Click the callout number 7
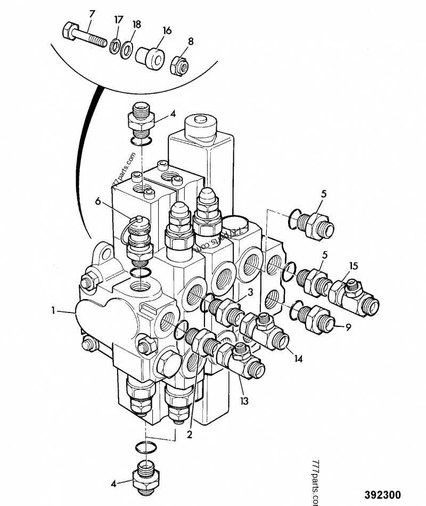tap(91, 13)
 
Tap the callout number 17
tap(118, 20)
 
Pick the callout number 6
tap(97, 201)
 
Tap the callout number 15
tap(354, 266)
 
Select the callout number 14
tap(298, 359)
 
